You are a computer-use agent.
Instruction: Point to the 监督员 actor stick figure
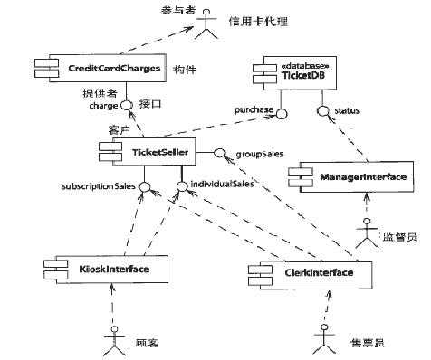365,236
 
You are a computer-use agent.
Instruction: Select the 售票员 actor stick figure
321,342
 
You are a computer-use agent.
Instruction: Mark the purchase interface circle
282,113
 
